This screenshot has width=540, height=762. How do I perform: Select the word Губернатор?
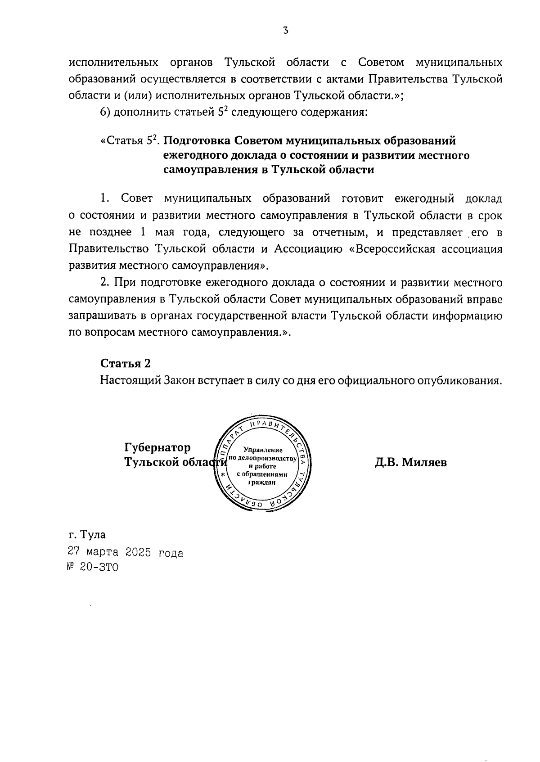click(157, 447)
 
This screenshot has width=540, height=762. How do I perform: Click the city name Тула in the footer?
click(93, 535)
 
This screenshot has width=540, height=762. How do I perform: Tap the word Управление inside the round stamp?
click(262, 450)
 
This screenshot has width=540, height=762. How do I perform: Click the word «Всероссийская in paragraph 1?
click(392, 249)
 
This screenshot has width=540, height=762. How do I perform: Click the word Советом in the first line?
click(382, 62)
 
